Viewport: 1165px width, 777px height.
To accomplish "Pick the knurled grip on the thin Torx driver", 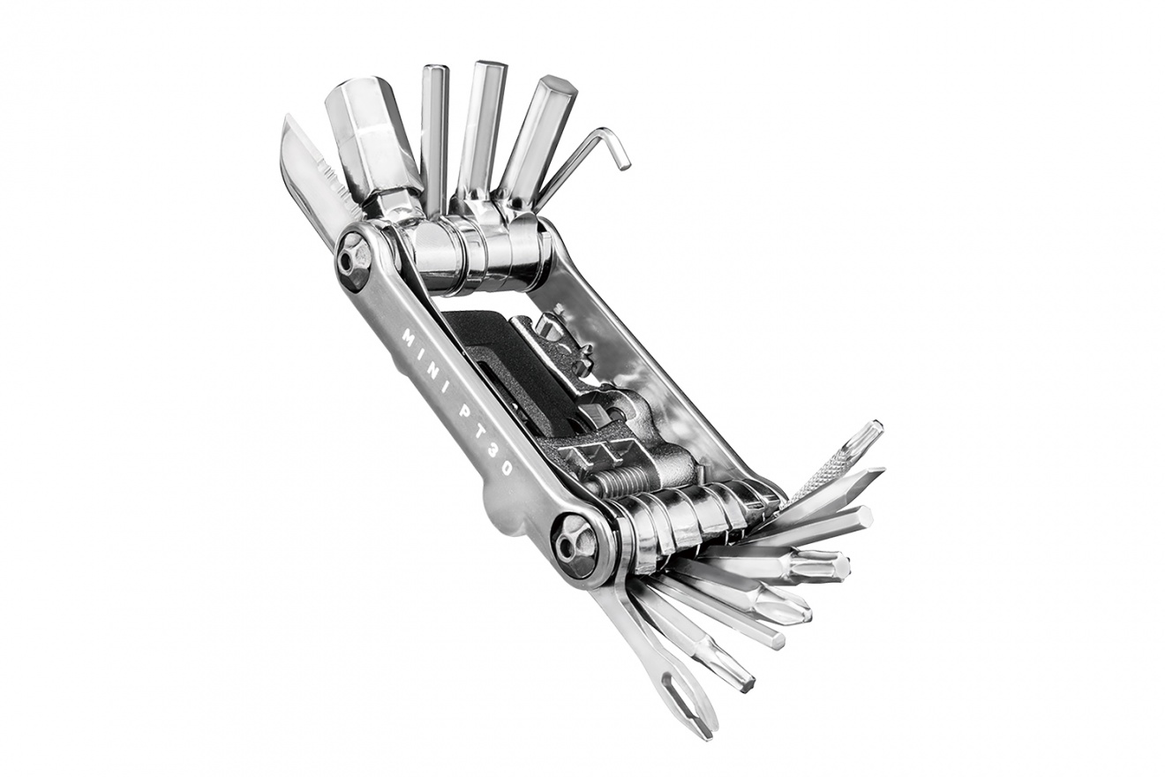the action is point(823,470).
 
